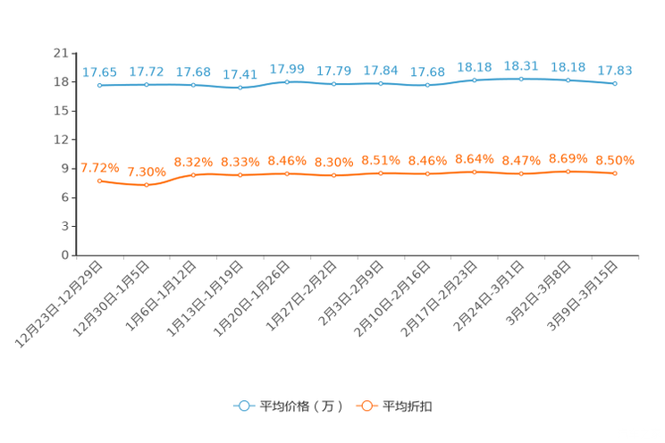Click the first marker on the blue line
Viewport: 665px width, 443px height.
(100, 85)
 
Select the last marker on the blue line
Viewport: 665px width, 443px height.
(615, 84)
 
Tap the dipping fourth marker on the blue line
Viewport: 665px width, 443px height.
(240, 88)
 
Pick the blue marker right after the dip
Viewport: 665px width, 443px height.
(287, 82)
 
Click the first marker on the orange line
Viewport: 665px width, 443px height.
(100, 180)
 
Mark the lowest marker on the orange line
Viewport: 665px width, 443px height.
(147, 186)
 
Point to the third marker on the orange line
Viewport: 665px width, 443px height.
(193, 175)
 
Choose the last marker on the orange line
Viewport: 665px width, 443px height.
(615, 173)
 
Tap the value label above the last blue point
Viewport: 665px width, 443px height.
(615, 71)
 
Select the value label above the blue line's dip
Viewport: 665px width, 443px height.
(239, 75)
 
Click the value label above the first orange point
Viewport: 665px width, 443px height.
(98, 168)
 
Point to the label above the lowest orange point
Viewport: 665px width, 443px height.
(146, 171)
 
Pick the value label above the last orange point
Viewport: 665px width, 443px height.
(615, 161)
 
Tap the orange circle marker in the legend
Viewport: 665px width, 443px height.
(366, 406)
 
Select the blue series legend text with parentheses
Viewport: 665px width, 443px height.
(301, 406)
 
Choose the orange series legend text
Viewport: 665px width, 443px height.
(408, 406)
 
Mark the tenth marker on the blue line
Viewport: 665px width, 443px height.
(521, 79)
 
